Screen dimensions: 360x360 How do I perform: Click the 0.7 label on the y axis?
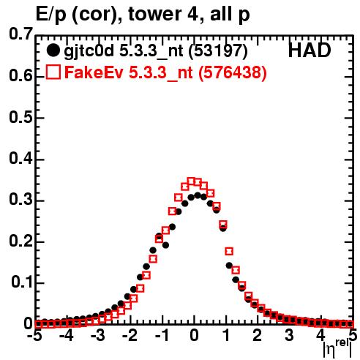(20, 34)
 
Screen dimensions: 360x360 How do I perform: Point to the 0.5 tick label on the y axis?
(20, 117)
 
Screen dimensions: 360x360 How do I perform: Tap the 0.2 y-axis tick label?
(20, 241)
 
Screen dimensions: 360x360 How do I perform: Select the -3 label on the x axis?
(98, 335)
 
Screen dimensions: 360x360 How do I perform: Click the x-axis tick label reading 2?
(258, 335)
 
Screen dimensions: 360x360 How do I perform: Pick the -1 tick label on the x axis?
(162, 335)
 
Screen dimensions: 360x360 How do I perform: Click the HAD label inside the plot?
(310, 50)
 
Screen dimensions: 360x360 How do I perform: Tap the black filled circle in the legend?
(53, 50)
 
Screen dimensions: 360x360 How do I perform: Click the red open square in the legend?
(53, 72)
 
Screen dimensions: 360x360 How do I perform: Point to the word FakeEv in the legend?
(94, 72)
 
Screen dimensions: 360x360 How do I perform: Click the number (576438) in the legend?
(233, 72)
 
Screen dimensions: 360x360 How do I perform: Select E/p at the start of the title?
(50, 15)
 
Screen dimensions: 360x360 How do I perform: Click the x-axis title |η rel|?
(337, 350)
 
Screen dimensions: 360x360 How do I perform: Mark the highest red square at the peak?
(191, 181)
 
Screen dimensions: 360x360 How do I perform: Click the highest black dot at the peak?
(198, 195)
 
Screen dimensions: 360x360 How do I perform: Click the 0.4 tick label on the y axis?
(20, 159)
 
